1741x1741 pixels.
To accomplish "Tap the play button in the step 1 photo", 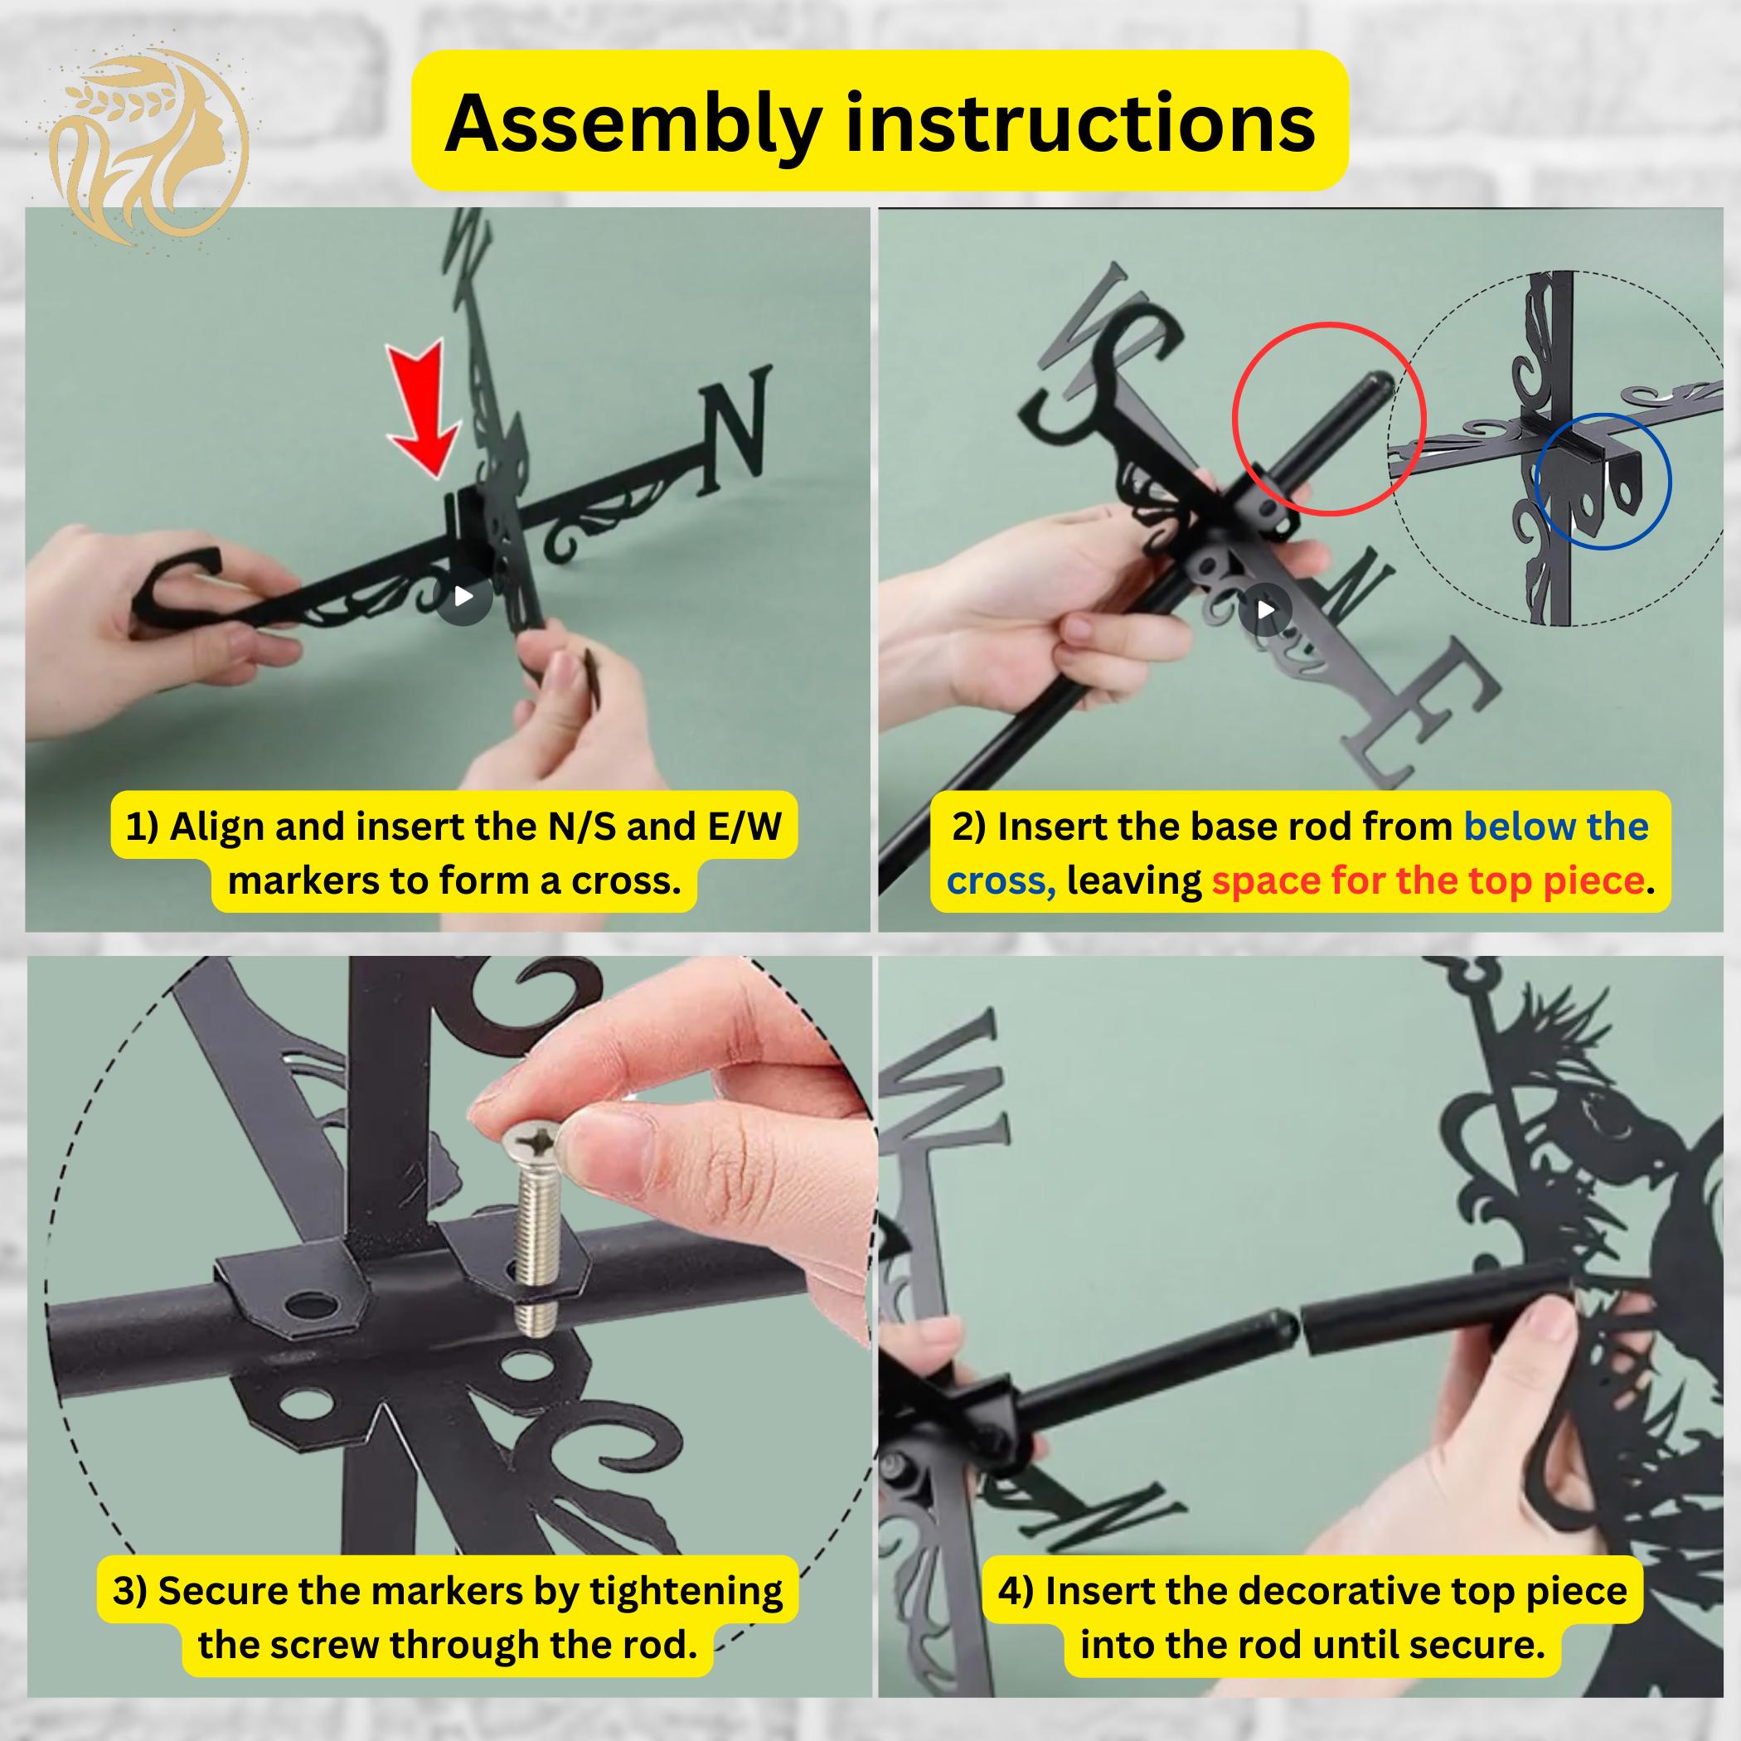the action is (463, 597).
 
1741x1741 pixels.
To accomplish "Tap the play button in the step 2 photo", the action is (1265, 610).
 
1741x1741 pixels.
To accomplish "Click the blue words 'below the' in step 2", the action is (1556, 827).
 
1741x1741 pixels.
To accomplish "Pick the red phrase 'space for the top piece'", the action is (1428, 880).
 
